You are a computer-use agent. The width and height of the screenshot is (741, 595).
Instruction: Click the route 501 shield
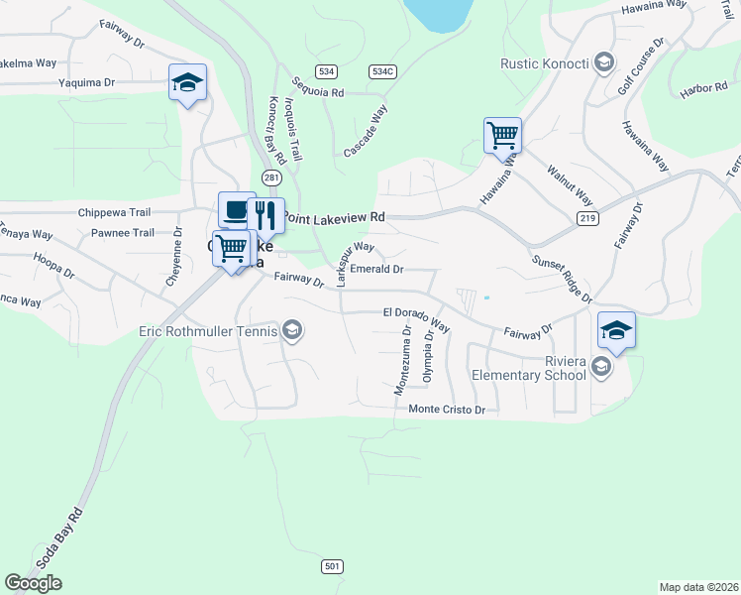[x=333, y=566]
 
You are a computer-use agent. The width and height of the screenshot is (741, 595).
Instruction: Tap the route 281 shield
[x=271, y=178]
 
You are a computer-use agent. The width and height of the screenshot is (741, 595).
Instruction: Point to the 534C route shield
[x=381, y=71]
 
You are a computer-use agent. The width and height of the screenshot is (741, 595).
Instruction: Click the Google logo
[x=33, y=583]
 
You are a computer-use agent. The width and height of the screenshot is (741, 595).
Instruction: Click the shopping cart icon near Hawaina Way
[x=502, y=134]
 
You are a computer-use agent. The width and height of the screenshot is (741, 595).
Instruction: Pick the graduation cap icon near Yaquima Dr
[x=187, y=82]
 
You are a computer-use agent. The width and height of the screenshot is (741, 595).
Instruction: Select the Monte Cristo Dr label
[x=448, y=410]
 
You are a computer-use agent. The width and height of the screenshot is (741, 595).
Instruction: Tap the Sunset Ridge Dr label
[x=562, y=280]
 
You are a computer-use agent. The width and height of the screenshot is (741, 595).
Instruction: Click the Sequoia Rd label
[x=317, y=90]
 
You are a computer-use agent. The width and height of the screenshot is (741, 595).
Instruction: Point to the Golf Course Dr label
[x=641, y=65]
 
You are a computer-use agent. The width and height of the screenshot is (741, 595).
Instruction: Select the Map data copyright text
[x=698, y=586]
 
